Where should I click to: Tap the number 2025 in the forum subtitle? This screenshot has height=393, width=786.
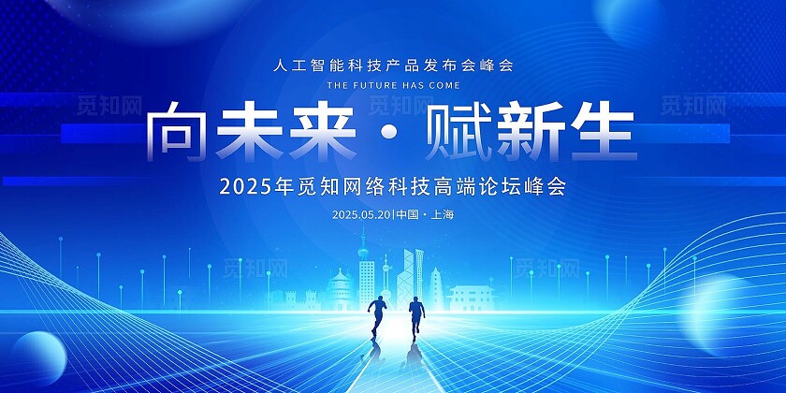(240, 186)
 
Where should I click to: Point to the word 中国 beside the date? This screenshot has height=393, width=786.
(407, 214)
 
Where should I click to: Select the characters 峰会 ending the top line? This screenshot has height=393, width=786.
(499, 66)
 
